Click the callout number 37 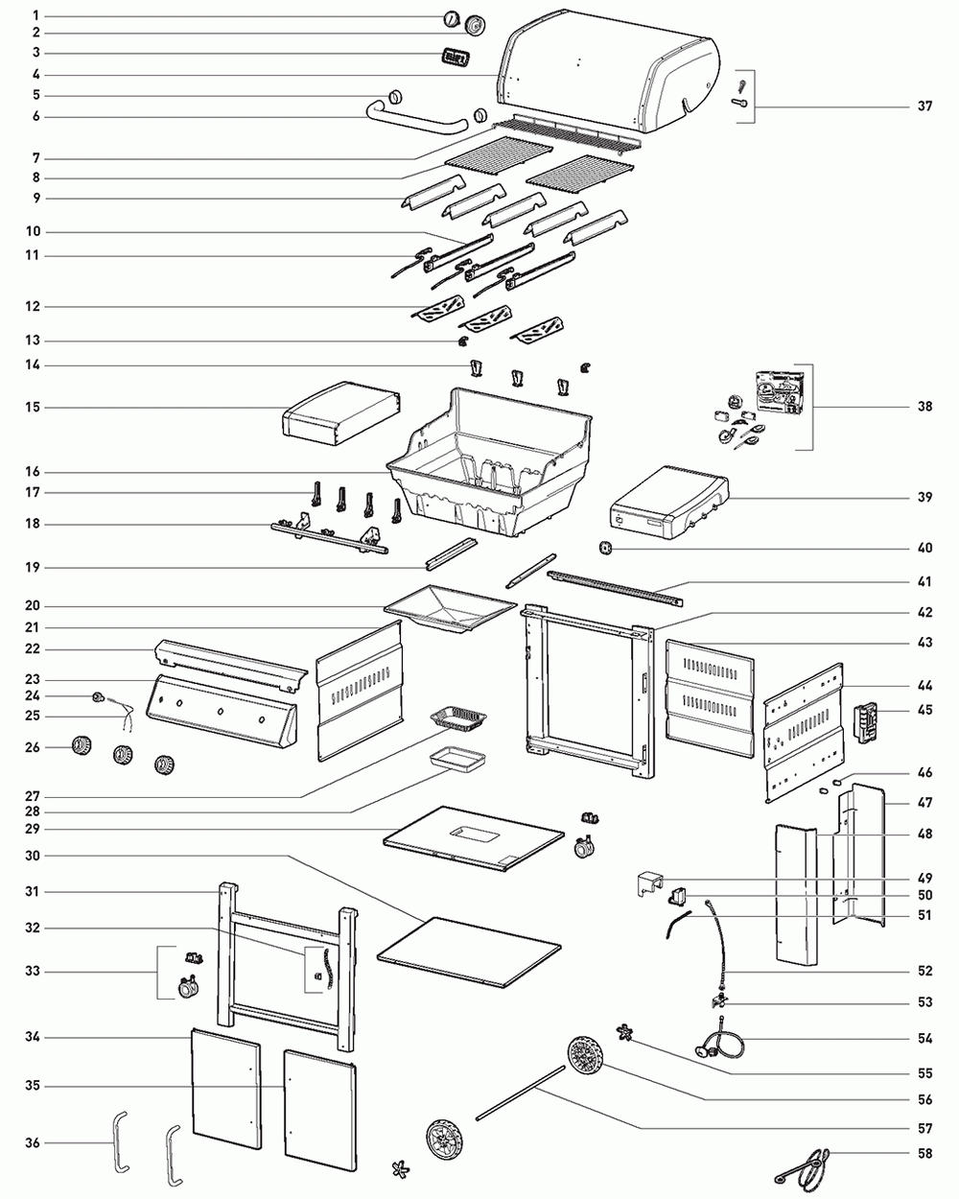click(924, 106)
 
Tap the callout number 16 click(33, 472)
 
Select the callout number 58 click(924, 1153)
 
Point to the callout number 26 click(33, 747)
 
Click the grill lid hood click(607, 70)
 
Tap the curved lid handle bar click(418, 120)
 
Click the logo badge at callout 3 click(456, 58)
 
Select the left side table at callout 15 click(341, 412)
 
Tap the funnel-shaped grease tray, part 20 click(450, 608)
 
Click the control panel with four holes click(222, 712)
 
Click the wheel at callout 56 click(586, 1057)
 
